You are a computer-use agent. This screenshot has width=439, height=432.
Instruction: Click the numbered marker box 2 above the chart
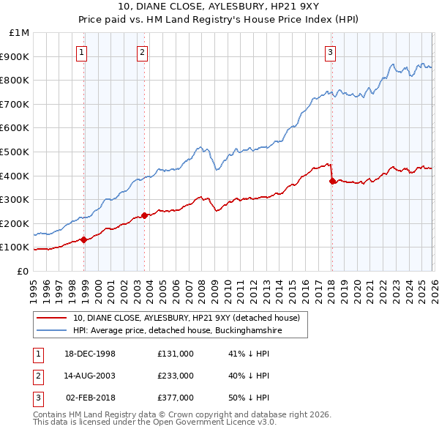pyautogui.click(x=141, y=52)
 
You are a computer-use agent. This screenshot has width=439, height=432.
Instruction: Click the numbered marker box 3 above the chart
pyautogui.click(x=330, y=52)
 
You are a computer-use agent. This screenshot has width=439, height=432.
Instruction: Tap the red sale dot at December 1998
pyautogui.click(x=84, y=239)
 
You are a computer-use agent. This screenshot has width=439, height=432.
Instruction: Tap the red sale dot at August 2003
pyautogui.click(x=144, y=215)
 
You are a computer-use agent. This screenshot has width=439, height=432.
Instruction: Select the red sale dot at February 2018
pyautogui.click(x=332, y=181)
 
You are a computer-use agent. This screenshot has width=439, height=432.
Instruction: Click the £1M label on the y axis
pyautogui.click(x=19, y=33)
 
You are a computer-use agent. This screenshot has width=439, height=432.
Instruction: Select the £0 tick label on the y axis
pyautogui.click(x=23, y=271)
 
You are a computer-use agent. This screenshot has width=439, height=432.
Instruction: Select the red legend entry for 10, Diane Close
pyautogui.click(x=186, y=318)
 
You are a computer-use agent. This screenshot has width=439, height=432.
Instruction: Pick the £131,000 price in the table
pyautogui.click(x=175, y=354)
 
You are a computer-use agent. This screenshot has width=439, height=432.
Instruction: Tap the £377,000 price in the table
pyautogui.click(x=175, y=398)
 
